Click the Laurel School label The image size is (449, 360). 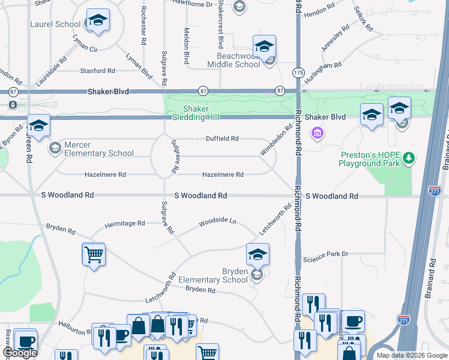[x=55, y=24]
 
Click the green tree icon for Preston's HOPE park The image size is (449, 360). [x=409, y=158]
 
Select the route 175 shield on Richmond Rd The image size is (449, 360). [x=298, y=72]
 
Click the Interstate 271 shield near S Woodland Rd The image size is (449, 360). [x=436, y=190]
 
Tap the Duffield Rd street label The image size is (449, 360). [x=222, y=139]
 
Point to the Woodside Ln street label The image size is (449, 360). [x=218, y=222]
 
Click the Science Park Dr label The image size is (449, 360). [x=326, y=254]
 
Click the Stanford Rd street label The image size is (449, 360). [x=97, y=71]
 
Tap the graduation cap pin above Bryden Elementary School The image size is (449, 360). [x=258, y=254]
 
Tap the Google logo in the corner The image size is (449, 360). [x=20, y=353]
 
